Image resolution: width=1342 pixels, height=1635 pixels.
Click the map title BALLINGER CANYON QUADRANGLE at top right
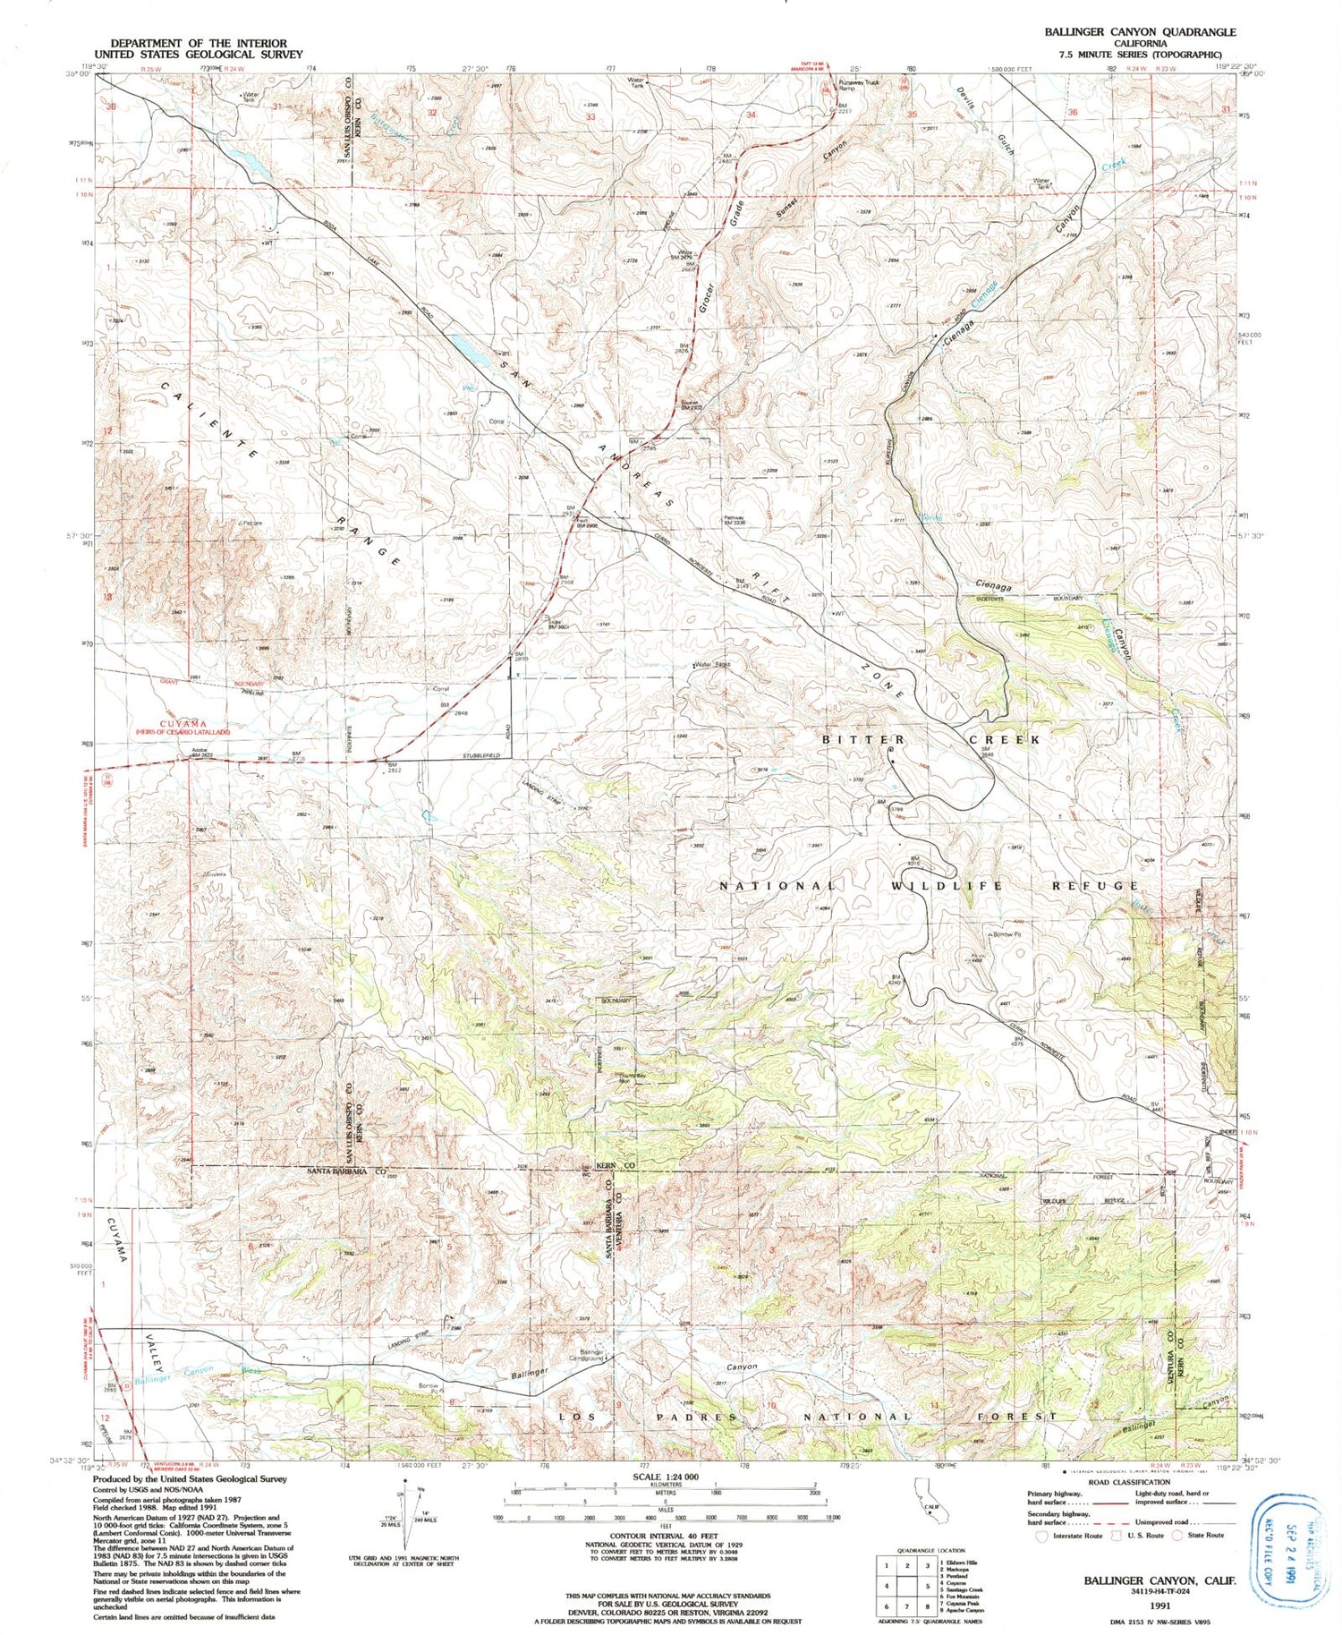[x=1140, y=31]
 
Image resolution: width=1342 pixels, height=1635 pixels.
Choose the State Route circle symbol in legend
[x=1177, y=1536]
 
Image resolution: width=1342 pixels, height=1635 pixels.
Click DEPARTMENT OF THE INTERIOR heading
[x=199, y=43]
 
